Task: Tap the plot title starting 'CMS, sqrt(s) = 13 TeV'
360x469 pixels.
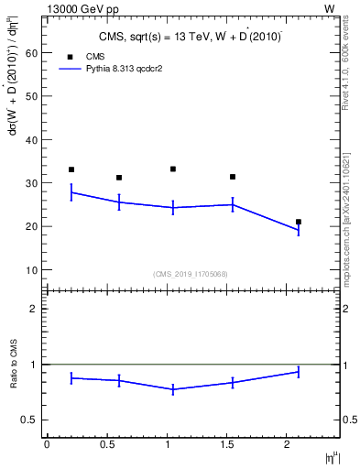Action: pyautogui.click(x=191, y=38)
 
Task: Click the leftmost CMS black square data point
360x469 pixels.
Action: pyautogui.click(x=71, y=169)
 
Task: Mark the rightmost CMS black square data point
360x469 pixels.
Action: pyautogui.click(x=299, y=222)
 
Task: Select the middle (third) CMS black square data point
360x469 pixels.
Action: pyautogui.click(x=173, y=169)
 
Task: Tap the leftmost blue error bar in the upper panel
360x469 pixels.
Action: pyautogui.click(x=71, y=192)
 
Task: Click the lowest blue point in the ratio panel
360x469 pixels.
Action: pyautogui.click(x=173, y=389)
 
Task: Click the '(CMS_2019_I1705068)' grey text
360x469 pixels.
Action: pyautogui.click(x=190, y=274)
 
